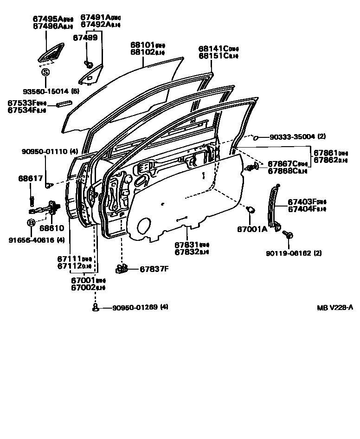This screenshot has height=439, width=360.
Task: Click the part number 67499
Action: [x=88, y=38]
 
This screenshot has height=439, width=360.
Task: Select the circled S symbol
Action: [x=45, y=72]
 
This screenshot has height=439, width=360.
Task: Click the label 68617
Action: [x=31, y=178]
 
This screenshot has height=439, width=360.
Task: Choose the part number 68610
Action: [x=51, y=228]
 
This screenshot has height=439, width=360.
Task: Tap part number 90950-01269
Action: [x=134, y=307]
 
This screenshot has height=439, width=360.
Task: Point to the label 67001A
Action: [x=252, y=229]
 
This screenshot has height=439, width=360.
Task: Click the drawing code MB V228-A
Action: [x=335, y=308]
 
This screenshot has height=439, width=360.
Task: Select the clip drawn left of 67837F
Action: [x=122, y=268]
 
